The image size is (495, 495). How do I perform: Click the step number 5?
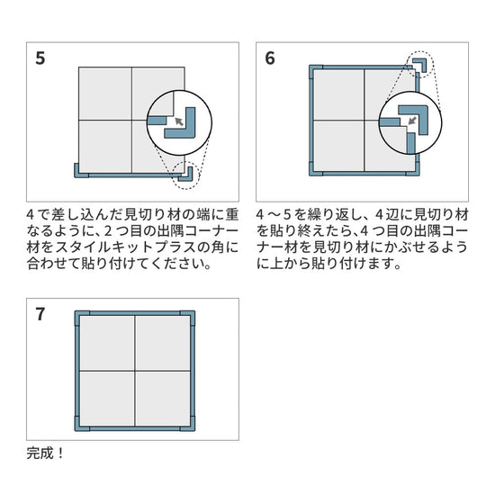pos(40,58)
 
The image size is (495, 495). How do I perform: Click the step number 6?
pos(270,58)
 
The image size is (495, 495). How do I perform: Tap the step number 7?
pos(40,314)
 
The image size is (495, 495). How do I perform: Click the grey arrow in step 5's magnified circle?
pos(179,121)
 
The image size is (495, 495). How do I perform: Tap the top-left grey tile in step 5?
pos(105,94)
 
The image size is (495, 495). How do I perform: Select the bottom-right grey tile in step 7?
pos(163,399)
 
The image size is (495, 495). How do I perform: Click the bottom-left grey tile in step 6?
pos(339,146)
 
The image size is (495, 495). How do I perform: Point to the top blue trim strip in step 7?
pos(135,313)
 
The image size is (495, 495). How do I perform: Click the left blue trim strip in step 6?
pos(311,121)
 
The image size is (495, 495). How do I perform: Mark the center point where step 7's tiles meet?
pos(135,371)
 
